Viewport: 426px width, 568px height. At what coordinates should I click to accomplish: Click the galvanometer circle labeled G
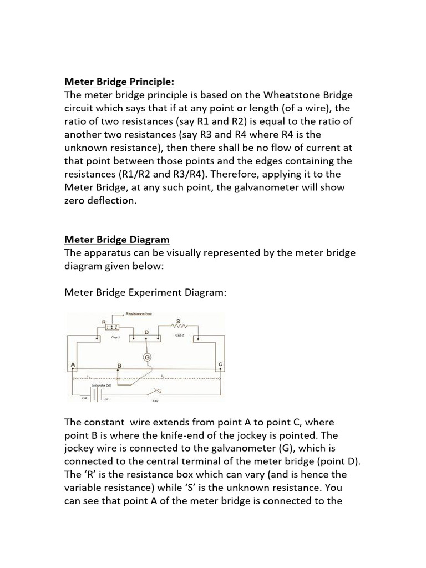[x=148, y=358]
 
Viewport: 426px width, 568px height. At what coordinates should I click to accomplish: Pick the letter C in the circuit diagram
[x=220, y=363]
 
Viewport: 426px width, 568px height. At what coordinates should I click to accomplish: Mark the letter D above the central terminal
[x=146, y=331]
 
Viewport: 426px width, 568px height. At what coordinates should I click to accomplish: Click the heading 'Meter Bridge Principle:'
[x=119, y=82]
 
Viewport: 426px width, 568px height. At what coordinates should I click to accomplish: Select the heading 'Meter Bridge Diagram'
[x=117, y=240]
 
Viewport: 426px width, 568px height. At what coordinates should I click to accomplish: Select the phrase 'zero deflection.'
[x=100, y=201]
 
